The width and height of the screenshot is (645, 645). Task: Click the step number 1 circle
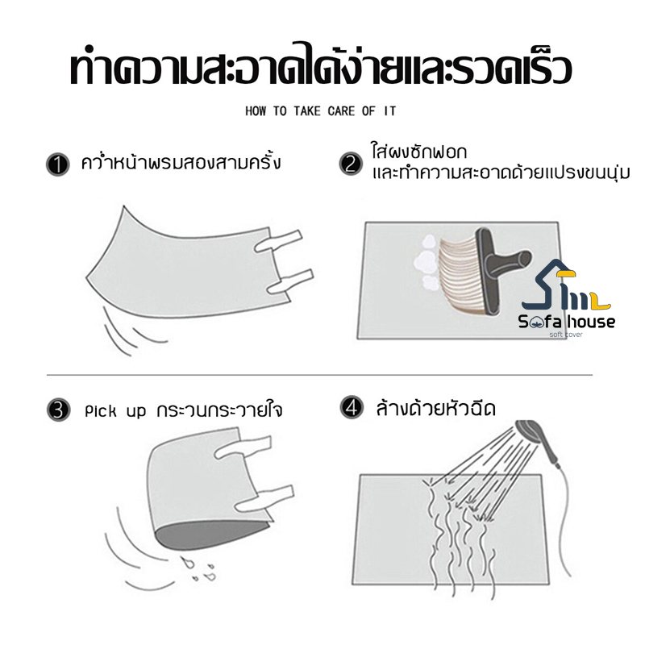click(57, 165)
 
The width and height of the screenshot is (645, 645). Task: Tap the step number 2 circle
click(351, 164)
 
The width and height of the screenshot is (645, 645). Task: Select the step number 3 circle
click(58, 410)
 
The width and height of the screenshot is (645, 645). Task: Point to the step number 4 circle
click(352, 408)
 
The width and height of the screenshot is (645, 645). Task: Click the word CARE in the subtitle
click(341, 111)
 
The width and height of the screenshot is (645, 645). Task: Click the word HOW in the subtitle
click(256, 111)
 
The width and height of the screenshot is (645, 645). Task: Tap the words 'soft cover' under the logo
click(566, 335)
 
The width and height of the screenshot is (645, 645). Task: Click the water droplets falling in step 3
click(201, 569)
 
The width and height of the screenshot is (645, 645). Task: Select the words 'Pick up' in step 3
click(115, 411)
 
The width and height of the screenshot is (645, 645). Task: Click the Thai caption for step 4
click(435, 408)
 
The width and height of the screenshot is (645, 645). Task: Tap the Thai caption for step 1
click(181, 163)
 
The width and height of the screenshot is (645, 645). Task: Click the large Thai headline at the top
click(321, 65)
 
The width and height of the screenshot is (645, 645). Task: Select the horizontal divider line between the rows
click(319, 375)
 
